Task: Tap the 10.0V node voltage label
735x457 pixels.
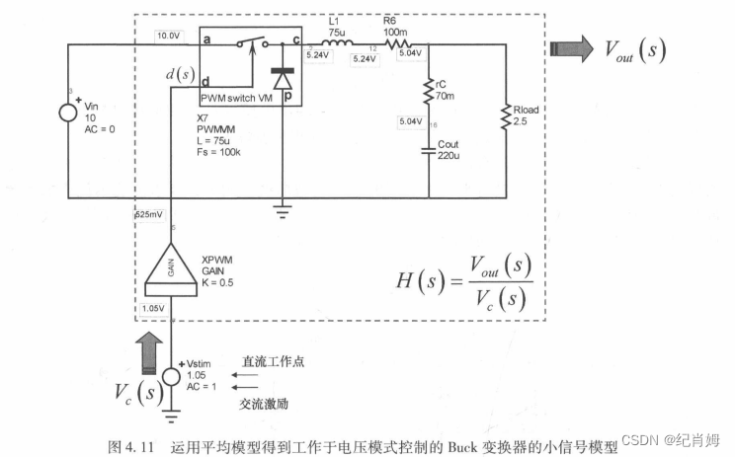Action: (169, 37)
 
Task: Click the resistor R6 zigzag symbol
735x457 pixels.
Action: (404, 44)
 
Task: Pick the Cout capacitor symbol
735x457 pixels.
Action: (429, 150)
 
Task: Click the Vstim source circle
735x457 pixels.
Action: (171, 377)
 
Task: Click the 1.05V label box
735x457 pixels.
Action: (152, 308)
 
